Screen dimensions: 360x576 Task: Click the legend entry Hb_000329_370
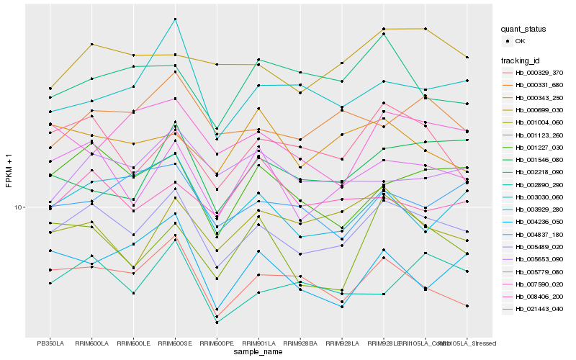(533, 73)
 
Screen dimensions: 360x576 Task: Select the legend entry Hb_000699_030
(533, 109)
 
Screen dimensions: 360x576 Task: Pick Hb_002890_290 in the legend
(533, 185)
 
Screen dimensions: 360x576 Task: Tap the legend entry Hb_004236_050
(533, 222)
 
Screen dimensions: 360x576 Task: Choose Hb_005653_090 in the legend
(533, 259)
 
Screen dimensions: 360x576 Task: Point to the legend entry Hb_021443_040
(533, 309)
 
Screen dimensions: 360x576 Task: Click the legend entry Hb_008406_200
(533, 296)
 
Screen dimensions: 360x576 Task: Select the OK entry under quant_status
(520, 41)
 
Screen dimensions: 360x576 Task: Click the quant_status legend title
(524, 30)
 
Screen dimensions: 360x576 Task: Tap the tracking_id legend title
(522, 60)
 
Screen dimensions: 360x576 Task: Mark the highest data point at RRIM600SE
(175, 19)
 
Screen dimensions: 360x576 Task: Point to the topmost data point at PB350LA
(50, 88)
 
